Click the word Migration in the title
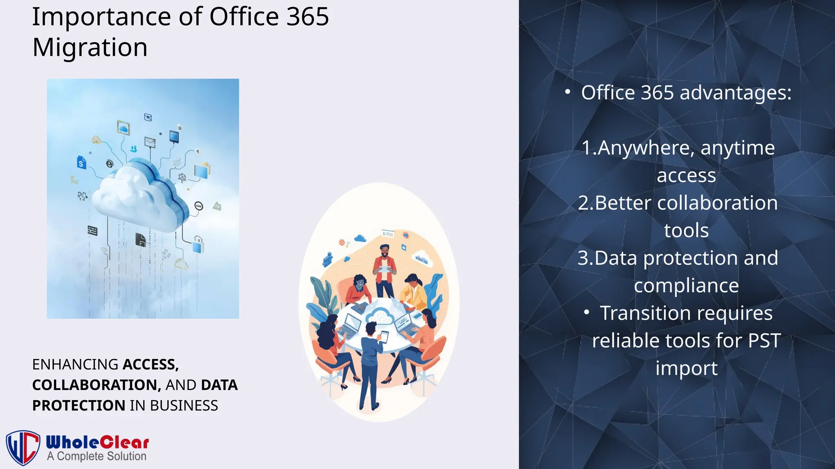tap(90, 48)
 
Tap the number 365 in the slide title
tap(307, 17)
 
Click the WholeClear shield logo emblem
tap(23, 447)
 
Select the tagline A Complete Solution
tap(97, 456)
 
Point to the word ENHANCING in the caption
tap(75, 364)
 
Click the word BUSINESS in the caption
tap(184, 405)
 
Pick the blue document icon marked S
tap(82, 162)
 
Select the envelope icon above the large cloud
tap(150, 142)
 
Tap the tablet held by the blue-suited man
tap(384, 337)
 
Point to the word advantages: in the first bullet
tap(736, 93)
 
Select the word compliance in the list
tap(686, 285)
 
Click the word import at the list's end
tap(686, 368)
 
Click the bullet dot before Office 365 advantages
tap(568, 92)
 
